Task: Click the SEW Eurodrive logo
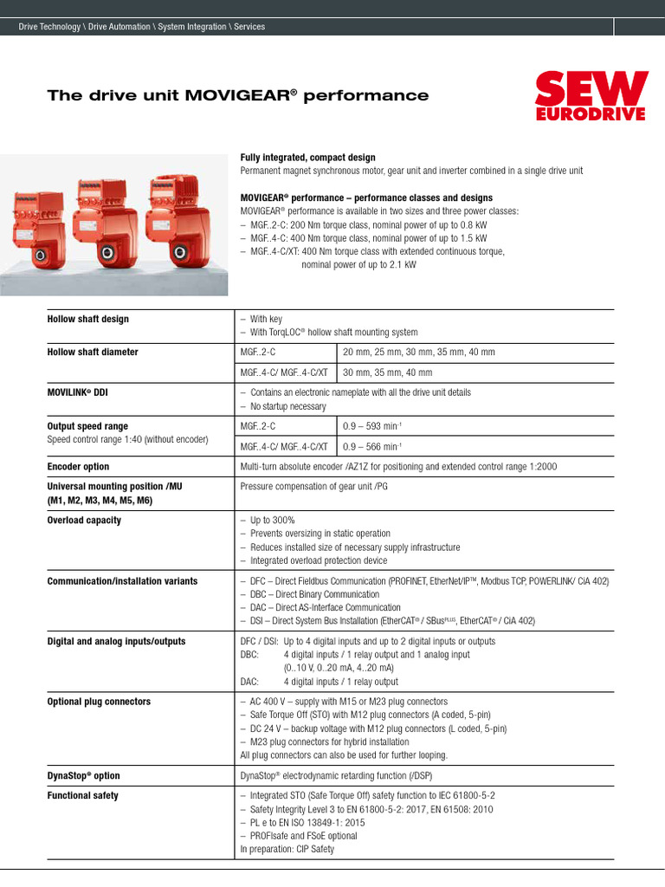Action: click(x=591, y=96)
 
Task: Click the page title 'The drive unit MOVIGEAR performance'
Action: click(x=238, y=95)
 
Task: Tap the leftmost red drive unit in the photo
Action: click(x=41, y=223)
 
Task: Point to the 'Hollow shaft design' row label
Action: click(x=87, y=319)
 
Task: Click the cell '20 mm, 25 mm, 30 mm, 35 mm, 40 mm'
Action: click(x=419, y=353)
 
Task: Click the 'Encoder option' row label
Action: click(x=78, y=466)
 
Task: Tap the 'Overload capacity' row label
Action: click(x=84, y=521)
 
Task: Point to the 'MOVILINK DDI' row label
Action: click(x=77, y=392)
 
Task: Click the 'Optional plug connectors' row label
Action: click(x=99, y=702)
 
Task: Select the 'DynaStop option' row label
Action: click(x=83, y=775)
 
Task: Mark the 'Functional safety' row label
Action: click(x=83, y=795)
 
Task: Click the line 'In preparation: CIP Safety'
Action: click(x=287, y=850)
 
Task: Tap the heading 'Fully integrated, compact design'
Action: click(x=307, y=158)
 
